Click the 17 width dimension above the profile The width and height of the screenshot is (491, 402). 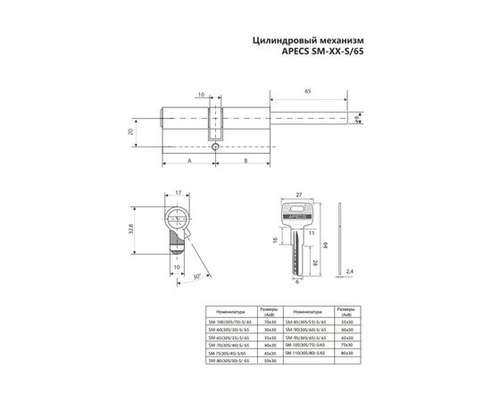pos(179,193)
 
